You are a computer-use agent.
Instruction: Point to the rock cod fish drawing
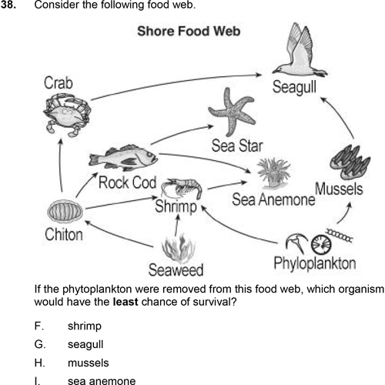tap(123, 158)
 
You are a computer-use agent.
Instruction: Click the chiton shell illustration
tap(65, 211)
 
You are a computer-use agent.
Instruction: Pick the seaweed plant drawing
tap(179, 248)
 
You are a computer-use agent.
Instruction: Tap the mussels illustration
tap(350, 162)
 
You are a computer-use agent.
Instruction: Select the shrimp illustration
tap(182, 188)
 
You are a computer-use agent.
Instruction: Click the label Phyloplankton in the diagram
tap(315, 263)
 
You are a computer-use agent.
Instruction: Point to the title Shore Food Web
tap(189, 31)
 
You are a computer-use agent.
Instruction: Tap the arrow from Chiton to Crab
tap(60, 166)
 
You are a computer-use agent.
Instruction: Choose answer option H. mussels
tap(72, 363)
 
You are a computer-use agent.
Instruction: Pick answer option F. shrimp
tap(68, 326)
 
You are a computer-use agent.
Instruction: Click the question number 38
tap(8, 5)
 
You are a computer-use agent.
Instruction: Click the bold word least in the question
tap(126, 302)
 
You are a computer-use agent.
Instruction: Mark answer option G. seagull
tap(69, 345)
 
